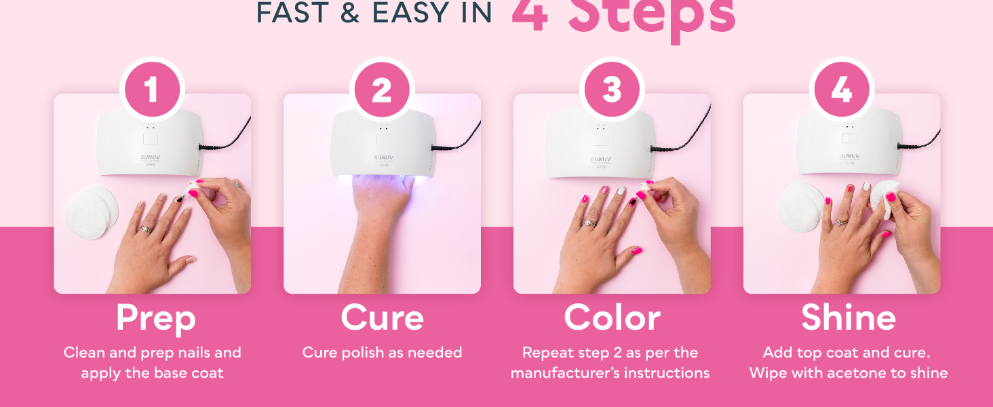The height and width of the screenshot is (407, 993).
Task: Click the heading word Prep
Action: (x=155, y=317)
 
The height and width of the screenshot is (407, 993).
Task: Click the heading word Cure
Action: (x=382, y=317)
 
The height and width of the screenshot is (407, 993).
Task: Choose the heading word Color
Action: (x=612, y=317)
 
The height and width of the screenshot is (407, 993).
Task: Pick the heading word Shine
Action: (x=849, y=317)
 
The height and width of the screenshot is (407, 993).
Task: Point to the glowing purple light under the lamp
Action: (x=380, y=182)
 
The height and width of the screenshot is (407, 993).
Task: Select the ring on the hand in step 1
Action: (x=144, y=229)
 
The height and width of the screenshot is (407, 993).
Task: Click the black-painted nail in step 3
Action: (x=632, y=201)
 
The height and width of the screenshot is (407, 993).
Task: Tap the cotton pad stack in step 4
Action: (x=800, y=207)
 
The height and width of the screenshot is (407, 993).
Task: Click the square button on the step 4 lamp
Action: (x=849, y=138)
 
